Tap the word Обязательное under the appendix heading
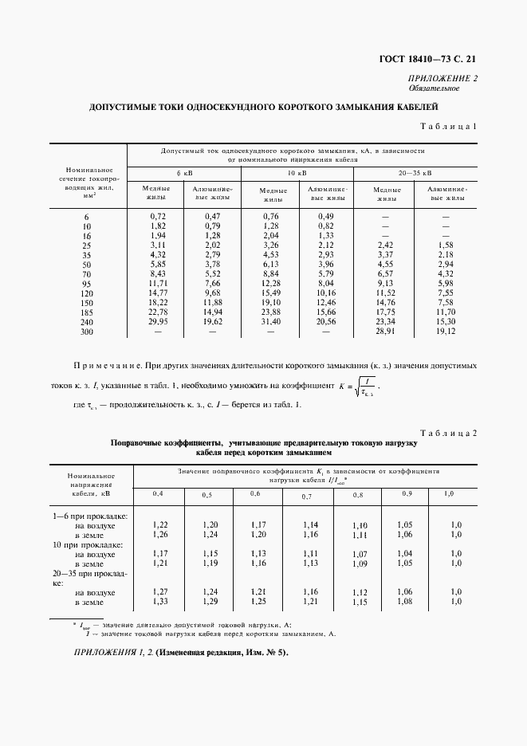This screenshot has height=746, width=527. coord(454,88)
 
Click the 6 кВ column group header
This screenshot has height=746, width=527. coord(184,172)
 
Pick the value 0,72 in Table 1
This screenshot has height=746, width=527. coord(157,217)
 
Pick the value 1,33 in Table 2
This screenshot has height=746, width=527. coord(159,602)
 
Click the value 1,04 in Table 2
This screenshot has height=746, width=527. coord(405,553)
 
